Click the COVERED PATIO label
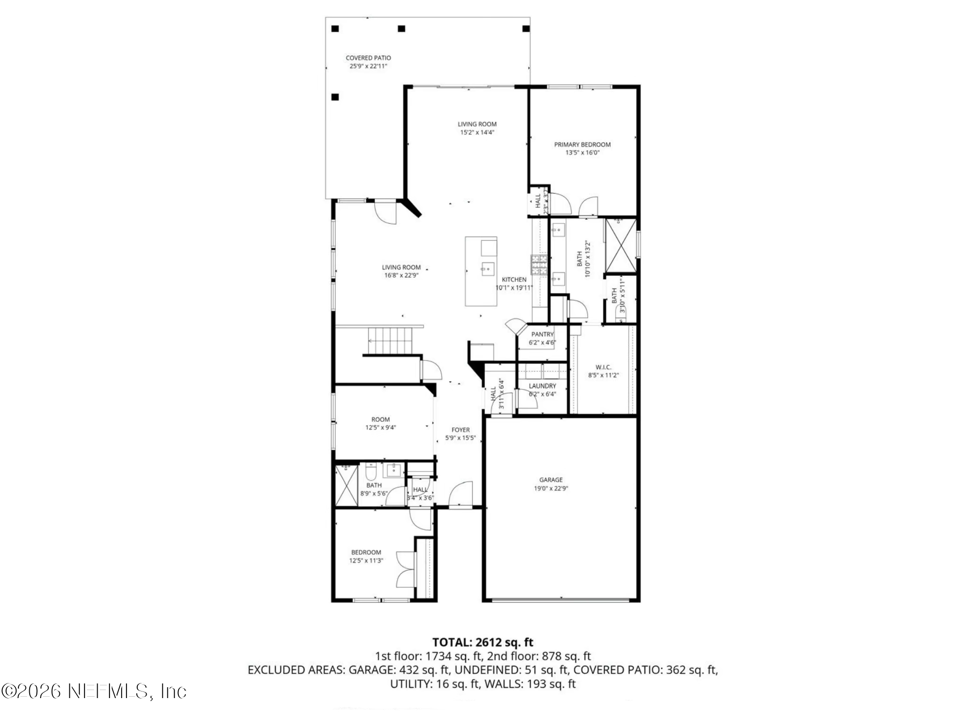click(x=368, y=58)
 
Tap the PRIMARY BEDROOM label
click(x=582, y=145)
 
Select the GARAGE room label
click(x=550, y=480)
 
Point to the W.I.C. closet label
click(x=603, y=367)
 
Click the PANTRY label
click(x=542, y=334)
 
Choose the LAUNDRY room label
click(x=542, y=386)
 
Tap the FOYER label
click(x=460, y=430)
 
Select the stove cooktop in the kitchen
click(x=539, y=265)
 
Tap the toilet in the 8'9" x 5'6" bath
click(x=371, y=472)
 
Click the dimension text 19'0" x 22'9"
click(x=550, y=488)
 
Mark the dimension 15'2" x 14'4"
click(x=477, y=132)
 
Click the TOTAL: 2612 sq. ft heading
click(x=483, y=642)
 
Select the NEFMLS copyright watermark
click(x=94, y=691)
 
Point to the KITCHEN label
click(x=514, y=280)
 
